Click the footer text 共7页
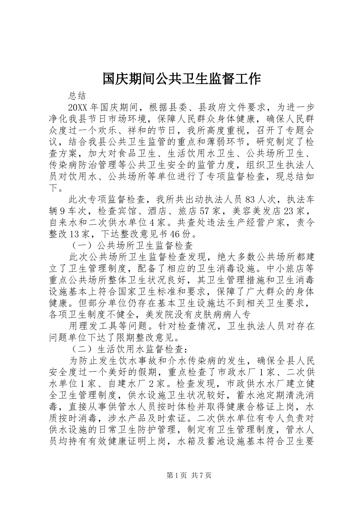pyautogui.click(x=202, y=476)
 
